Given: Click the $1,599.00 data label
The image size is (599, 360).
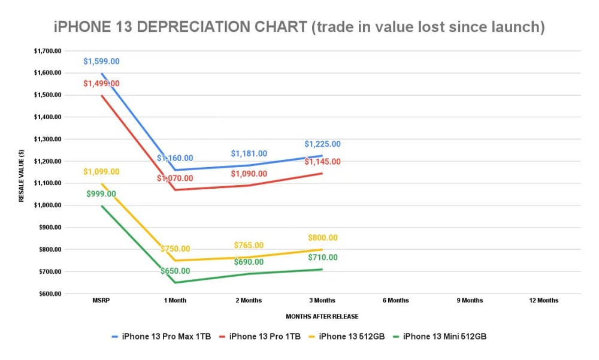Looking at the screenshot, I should pos(101,61).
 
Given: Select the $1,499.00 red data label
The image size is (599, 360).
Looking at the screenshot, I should pos(101,83).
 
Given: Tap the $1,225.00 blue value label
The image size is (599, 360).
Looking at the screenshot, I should pos(322,144).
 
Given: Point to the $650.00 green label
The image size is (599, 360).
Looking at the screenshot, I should pos(175,271).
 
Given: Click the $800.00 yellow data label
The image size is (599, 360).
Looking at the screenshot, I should pos(322,238).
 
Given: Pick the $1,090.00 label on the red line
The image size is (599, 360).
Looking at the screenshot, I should pos(249,174).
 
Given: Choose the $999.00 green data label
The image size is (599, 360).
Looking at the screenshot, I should pos(101,194).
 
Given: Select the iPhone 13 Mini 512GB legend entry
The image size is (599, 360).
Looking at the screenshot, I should pos(444,337).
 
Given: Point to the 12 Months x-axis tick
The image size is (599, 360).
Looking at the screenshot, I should pos(543,300).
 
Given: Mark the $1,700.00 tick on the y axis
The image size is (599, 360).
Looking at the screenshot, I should pos(48,51).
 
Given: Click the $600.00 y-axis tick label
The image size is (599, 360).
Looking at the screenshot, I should pos(50,294).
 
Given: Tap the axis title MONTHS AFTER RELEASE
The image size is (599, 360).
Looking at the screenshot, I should pos(322,316).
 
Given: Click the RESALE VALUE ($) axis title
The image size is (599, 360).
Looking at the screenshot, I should pos(22,173).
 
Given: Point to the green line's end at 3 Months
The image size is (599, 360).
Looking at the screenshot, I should pos(322,269).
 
